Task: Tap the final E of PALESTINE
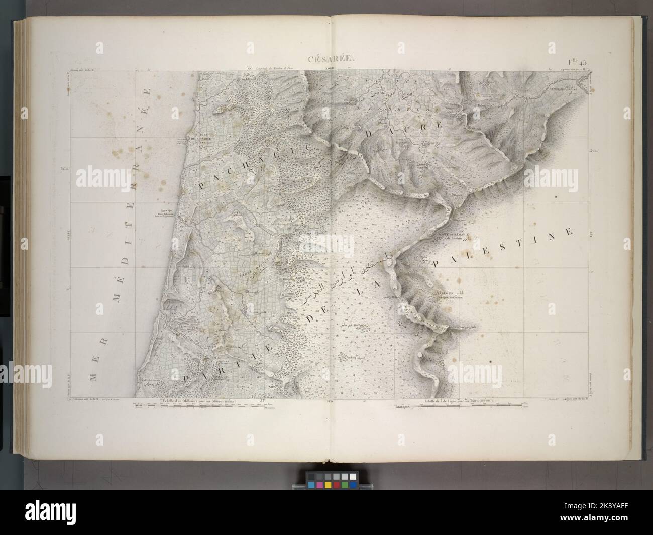pyautogui.click(x=569, y=232)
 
